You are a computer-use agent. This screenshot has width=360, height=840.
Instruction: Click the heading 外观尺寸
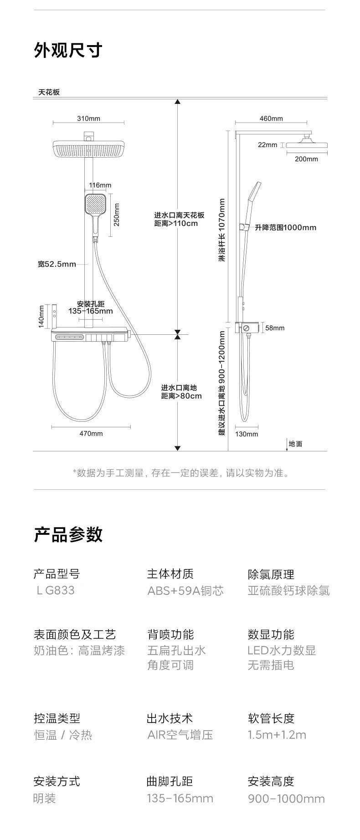tap(68, 51)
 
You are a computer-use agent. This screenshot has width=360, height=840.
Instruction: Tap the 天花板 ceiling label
tap(49, 92)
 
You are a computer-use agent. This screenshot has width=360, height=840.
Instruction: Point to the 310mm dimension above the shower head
tap(88, 118)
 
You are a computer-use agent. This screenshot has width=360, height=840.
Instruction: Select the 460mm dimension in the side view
tap(271, 118)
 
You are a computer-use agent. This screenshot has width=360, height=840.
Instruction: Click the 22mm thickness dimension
tap(267, 145)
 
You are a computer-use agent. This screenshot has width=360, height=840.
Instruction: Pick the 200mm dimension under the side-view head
tap(306, 159)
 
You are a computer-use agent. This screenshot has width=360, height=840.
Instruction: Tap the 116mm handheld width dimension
tap(100, 185)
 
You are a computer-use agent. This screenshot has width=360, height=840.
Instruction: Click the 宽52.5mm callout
tap(57, 264)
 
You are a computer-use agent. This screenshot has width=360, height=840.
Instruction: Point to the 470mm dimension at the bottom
tap(91, 433)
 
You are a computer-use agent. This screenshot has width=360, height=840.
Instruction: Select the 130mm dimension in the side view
tap(247, 434)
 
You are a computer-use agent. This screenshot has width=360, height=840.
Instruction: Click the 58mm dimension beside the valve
tap(275, 328)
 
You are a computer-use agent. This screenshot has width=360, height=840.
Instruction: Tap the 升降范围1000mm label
tap(285, 227)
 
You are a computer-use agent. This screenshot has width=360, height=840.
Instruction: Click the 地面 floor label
tap(295, 444)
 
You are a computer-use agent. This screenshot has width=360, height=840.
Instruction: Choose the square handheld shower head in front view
tap(95, 205)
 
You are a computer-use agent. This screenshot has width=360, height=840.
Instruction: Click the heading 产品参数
tap(68, 534)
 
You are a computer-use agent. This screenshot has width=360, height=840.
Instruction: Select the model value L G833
tap(55, 590)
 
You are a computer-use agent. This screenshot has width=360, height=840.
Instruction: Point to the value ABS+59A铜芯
tap(185, 591)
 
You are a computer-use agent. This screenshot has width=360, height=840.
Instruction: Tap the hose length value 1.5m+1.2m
tap(277, 735)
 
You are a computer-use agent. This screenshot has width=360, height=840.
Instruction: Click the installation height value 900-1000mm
tap(286, 799)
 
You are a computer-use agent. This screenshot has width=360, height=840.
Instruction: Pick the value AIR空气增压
tap(180, 735)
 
